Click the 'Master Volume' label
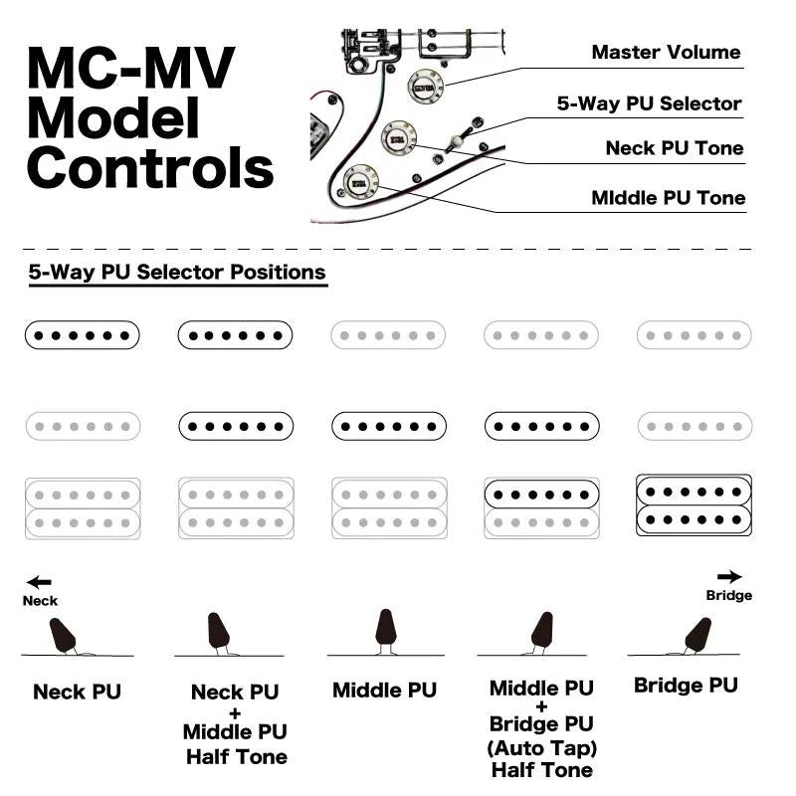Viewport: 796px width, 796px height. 666,53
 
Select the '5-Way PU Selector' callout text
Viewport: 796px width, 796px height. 649,103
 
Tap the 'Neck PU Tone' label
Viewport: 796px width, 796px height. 675,149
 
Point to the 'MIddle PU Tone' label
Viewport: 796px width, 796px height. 667,198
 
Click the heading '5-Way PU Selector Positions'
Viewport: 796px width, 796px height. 177,272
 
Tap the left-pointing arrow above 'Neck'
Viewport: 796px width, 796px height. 39,583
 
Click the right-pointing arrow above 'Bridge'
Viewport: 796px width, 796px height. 729,576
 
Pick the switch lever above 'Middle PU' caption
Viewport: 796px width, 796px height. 385,630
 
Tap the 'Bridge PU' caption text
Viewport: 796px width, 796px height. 686,686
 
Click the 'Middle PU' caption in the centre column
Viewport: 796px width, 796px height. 384,690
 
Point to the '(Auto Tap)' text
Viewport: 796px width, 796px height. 542,747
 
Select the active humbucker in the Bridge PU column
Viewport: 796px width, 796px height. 694,504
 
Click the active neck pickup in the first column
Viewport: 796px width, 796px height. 83,335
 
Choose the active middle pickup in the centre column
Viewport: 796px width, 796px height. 388,427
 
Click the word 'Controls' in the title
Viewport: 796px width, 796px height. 150,167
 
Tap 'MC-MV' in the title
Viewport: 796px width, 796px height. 130,69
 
